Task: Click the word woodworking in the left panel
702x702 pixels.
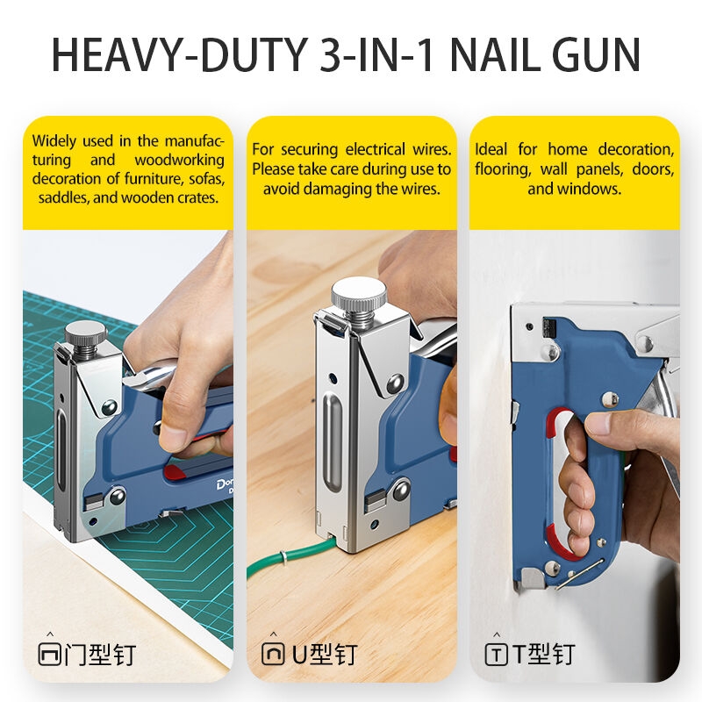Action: pyautogui.click(x=180, y=160)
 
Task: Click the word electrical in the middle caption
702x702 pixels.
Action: pyautogui.click(x=376, y=149)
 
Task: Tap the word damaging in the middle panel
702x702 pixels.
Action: pyautogui.click(x=340, y=189)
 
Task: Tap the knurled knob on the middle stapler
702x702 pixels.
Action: pyautogui.click(x=359, y=291)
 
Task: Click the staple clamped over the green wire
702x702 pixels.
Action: pyautogui.click(x=283, y=558)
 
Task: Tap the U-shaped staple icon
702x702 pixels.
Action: pyautogui.click(x=273, y=654)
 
